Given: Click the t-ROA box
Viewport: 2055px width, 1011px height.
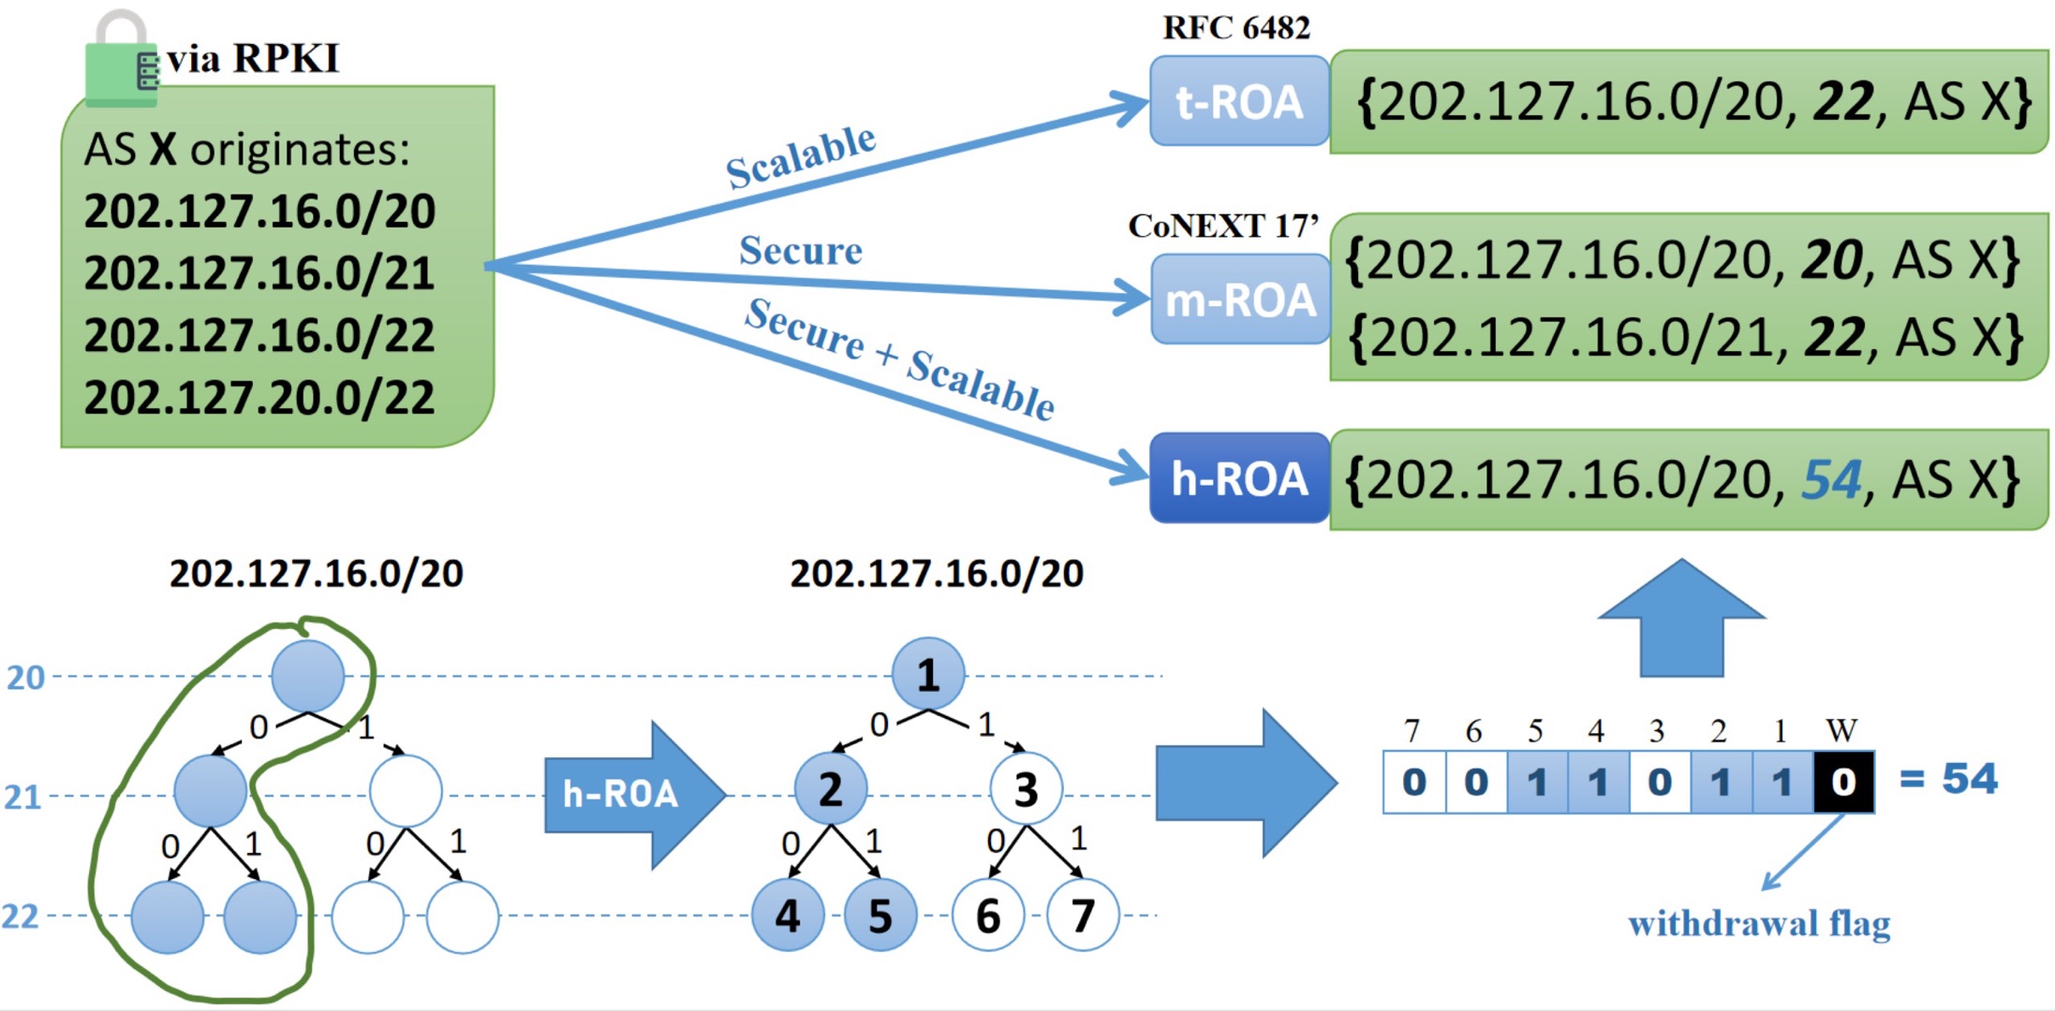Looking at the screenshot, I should point(1239,101).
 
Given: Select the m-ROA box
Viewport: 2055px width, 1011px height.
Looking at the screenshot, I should point(1240,300).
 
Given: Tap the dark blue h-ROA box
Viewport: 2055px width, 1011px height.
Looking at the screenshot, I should point(1239,478).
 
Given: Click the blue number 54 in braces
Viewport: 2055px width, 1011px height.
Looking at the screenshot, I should point(1831,480).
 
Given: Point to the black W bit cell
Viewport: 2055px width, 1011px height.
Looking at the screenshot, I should point(1843,782).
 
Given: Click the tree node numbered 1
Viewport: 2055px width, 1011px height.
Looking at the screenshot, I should point(928,674).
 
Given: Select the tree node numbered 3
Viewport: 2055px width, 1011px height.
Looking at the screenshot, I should point(1027,789).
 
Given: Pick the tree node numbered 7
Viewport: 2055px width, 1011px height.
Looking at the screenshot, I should point(1083,916).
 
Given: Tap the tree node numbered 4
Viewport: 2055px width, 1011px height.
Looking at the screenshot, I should point(788,916).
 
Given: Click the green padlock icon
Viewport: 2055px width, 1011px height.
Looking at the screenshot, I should point(121,61).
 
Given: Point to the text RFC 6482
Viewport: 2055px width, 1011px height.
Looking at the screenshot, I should point(1236,28).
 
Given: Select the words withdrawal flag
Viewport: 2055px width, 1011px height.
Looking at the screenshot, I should point(1759,924).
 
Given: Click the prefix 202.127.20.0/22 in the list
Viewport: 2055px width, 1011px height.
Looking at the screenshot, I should point(259,398).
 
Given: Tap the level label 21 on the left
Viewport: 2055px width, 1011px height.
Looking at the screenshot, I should point(23,797).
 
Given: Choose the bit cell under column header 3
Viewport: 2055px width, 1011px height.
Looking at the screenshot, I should point(1659,782).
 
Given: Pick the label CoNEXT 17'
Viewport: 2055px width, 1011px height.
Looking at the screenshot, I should point(1223,226).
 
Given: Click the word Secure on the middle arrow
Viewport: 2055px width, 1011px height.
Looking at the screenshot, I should point(801,251).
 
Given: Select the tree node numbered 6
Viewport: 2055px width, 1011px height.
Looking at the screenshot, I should point(988,916).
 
